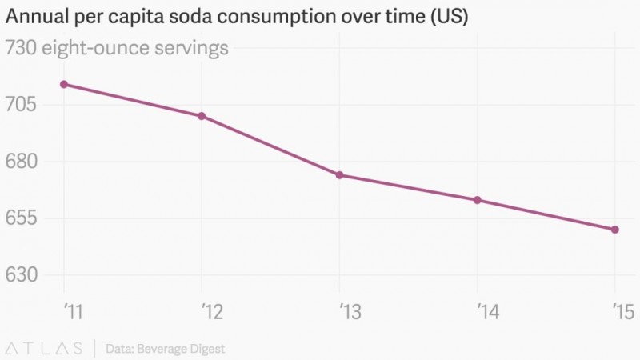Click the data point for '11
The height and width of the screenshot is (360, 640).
pyautogui.click(x=64, y=84)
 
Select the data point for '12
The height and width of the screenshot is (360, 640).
pyautogui.click(x=202, y=116)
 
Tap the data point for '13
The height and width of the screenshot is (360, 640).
pyautogui.click(x=340, y=175)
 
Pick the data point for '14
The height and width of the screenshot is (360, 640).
pyautogui.click(x=478, y=200)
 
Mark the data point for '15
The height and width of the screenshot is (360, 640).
pyautogui.click(x=615, y=230)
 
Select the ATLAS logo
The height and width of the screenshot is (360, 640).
pyautogui.click(x=44, y=348)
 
